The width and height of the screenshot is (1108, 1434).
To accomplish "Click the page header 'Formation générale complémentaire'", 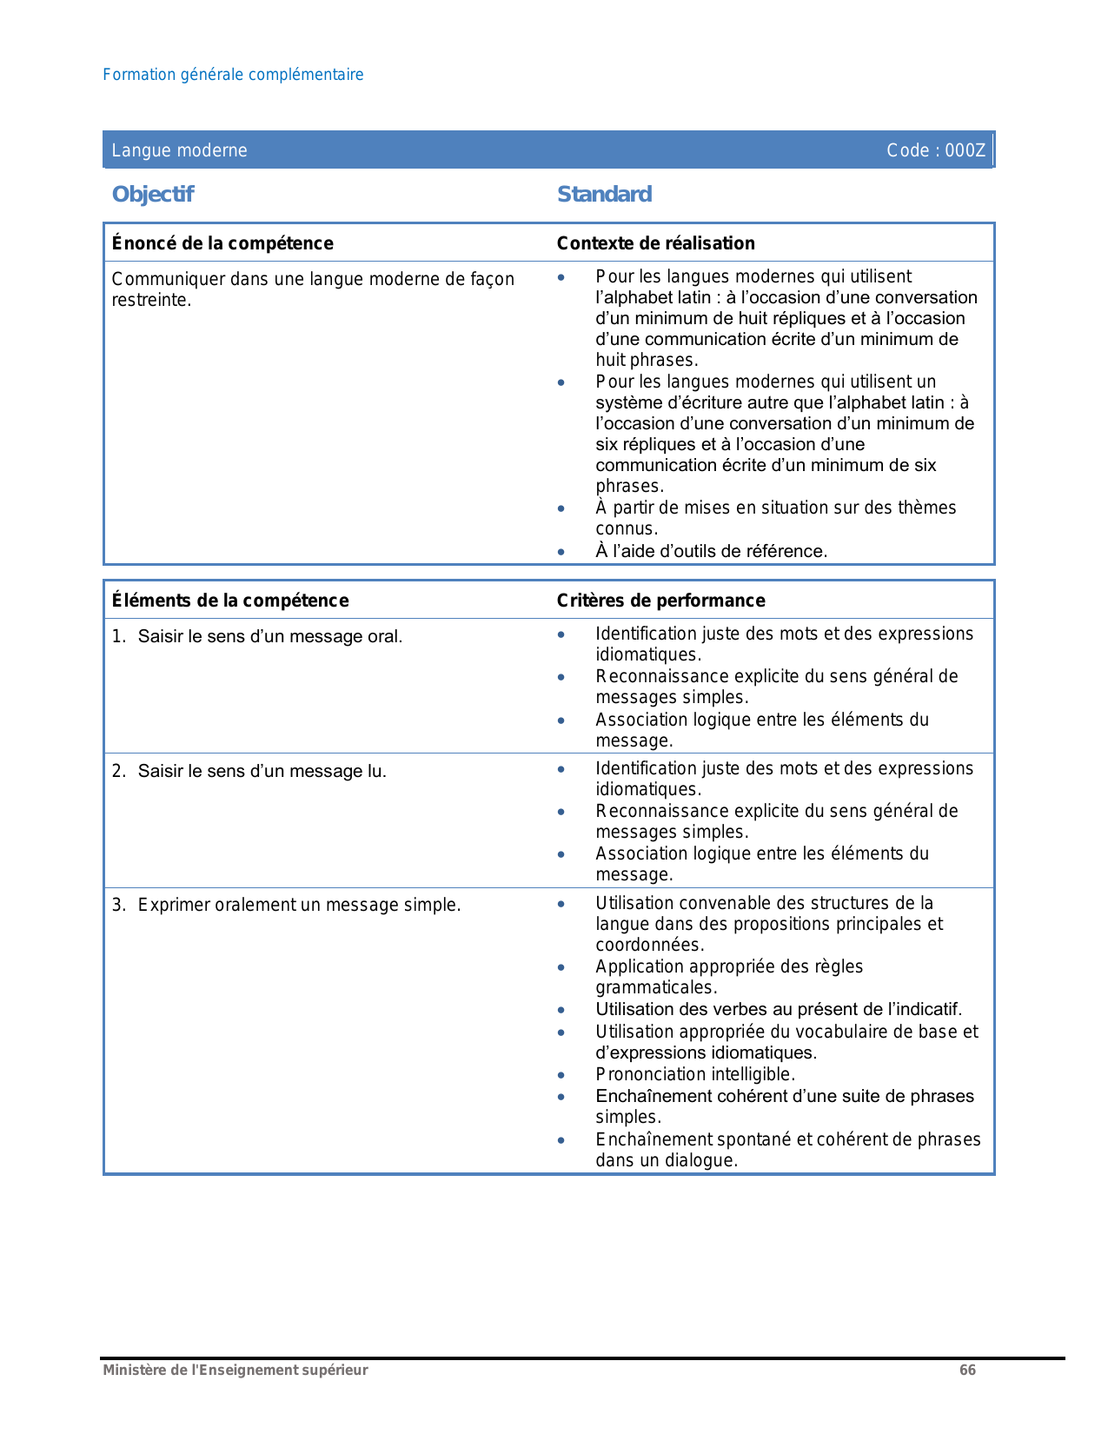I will click(x=233, y=75).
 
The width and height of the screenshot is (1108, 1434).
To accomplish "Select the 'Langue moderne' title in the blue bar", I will click(x=179, y=150).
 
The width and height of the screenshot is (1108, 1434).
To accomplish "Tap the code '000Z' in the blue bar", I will click(x=965, y=150).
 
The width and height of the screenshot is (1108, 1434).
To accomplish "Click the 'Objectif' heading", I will click(x=153, y=194).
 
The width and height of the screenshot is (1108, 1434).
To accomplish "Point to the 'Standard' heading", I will click(x=604, y=194).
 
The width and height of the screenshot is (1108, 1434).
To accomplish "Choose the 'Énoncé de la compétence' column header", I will click(x=222, y=243).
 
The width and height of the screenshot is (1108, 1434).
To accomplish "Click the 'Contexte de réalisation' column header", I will click(x=655, y=243).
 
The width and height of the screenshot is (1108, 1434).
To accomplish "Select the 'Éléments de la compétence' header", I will click(x=230, y=601).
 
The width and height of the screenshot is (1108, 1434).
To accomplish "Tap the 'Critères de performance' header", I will click(x=660, y=601).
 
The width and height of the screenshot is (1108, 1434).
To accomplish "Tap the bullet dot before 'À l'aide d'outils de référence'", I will click(x=562, y=552).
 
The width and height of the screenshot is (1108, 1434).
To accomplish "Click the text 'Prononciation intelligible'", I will click(x=694, y=1075).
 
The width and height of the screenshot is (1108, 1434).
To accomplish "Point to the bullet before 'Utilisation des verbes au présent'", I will click(x=562, y=1010).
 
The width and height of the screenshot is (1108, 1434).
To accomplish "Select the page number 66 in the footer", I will click(x=967, y=1371).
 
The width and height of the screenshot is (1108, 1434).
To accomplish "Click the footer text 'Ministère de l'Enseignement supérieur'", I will click(x=236, y=1371).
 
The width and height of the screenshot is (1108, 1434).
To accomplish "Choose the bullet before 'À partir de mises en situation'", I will click(x=562, y=508).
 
